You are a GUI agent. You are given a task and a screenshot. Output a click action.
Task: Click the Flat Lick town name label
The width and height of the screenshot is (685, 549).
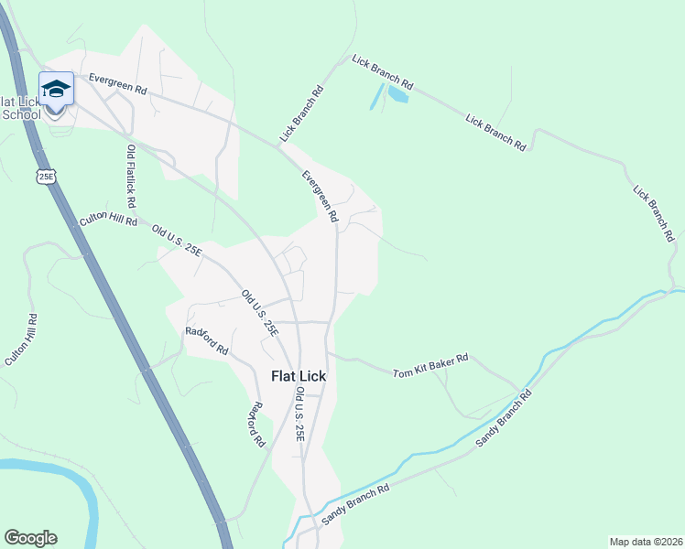click(298, 375)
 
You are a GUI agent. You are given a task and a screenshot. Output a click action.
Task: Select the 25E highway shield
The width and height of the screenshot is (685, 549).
click(46, 175)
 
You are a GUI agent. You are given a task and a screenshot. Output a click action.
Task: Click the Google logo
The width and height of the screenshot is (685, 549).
click(30, 538)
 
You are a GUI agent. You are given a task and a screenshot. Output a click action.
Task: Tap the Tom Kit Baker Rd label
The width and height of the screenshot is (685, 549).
click(430, 366)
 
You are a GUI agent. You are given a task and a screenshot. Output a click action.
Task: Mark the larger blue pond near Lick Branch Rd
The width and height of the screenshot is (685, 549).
click(397, 93)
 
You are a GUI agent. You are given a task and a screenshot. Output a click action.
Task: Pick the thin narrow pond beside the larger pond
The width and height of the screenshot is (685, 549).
click(375, 96)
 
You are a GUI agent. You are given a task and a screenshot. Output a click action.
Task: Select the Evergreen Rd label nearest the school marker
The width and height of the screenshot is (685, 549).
click(118, 84)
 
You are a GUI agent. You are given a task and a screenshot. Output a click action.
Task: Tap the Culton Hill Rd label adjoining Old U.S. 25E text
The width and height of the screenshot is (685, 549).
click(108, 219)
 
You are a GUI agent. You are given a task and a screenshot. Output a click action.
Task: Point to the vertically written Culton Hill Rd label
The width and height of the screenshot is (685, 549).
click(21, 340)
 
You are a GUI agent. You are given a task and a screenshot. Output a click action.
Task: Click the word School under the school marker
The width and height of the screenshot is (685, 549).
click(22, 114)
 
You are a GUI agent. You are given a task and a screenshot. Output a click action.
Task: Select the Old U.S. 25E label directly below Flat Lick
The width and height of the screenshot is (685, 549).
click(299, 414)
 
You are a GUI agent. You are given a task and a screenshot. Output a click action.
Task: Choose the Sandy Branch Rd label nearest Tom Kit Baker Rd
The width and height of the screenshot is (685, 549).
click(503, 419)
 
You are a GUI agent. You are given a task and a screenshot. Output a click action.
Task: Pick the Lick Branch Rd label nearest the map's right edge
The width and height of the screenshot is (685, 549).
click(653, 212)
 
